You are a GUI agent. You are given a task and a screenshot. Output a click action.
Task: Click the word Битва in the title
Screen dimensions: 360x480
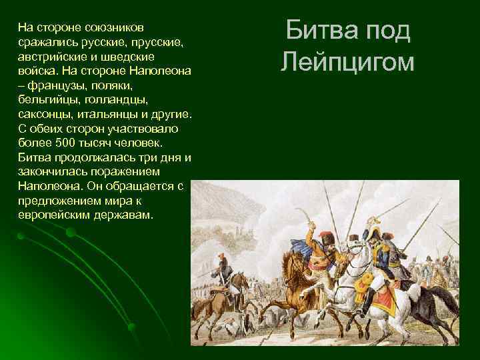coord(316,31)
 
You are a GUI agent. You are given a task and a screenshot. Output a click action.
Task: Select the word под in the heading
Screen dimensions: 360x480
coord(387,31)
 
